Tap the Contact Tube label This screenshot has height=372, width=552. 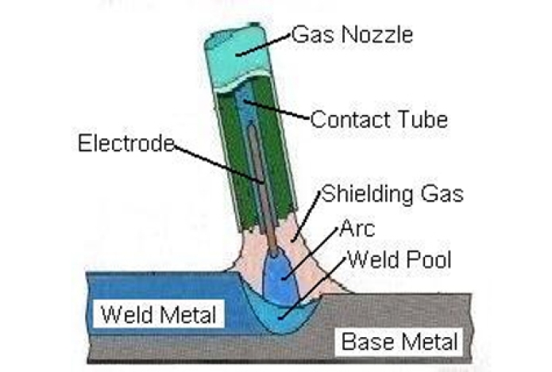coord(379,121)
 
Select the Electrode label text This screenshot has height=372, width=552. coord(126,144)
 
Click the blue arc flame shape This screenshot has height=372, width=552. coord(281,278)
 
